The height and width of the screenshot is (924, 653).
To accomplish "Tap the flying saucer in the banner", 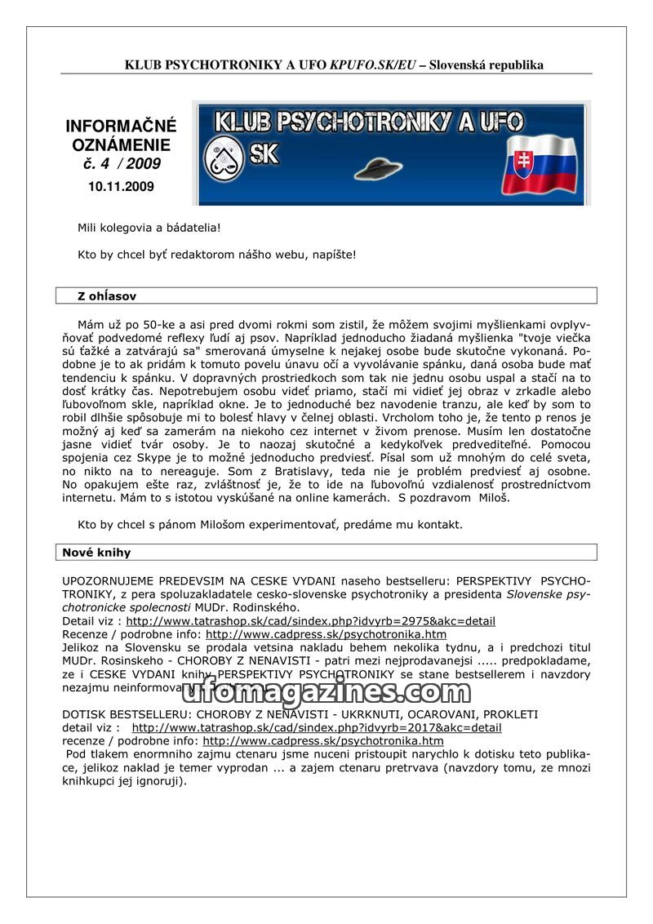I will point(378,168).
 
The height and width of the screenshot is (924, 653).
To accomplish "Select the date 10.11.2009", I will point(121,186).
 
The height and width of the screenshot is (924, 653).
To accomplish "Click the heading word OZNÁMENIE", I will point(121,145).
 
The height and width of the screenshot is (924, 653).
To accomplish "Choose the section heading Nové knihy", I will point(96,553).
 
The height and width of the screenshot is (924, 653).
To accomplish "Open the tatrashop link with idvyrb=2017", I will point(317,727).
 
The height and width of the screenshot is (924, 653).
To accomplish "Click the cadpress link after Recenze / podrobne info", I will point(326,633).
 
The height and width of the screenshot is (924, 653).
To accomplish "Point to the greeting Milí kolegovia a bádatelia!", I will point(149,227).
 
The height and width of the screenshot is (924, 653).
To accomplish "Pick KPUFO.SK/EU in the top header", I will point(372,64).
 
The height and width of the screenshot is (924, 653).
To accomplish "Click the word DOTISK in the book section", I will point(82,714).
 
